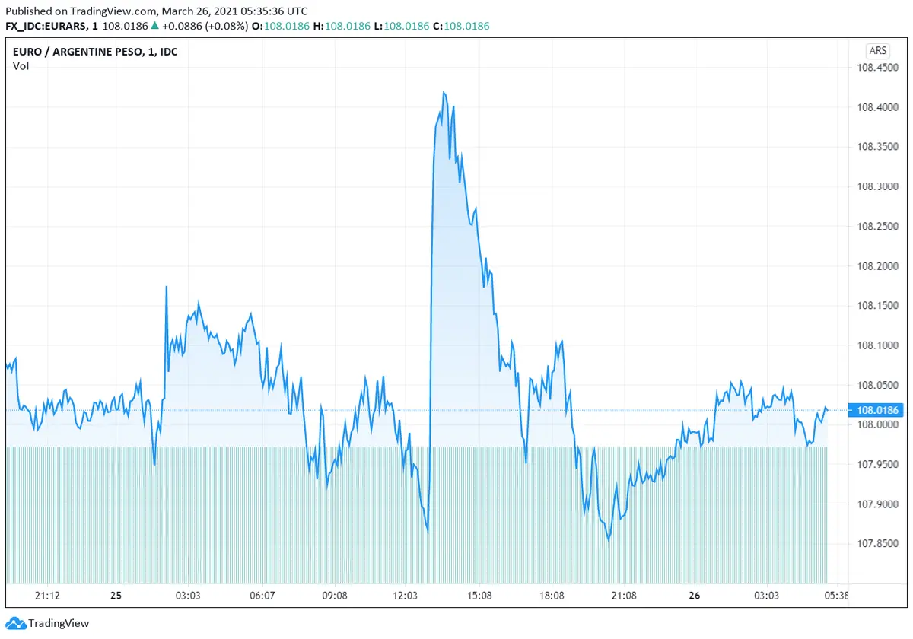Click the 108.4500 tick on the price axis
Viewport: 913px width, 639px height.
coord(877,68)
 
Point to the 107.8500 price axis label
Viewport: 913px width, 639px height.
coord(877,544)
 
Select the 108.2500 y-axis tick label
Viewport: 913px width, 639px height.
coord(877,227)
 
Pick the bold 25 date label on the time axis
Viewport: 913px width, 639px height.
coord(116,596)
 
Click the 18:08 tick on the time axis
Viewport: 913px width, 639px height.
coord(552,596)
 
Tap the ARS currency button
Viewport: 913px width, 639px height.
coord(877,51)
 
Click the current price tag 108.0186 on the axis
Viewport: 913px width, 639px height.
coord(877,411)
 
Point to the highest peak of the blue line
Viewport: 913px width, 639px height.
coord(444,92)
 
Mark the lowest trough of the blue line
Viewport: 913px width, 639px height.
coord(609,540)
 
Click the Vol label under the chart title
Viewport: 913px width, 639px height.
coord(21,66)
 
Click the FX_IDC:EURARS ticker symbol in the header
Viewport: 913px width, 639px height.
coord(44,26)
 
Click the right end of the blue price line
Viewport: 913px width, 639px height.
coord(827,410)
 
